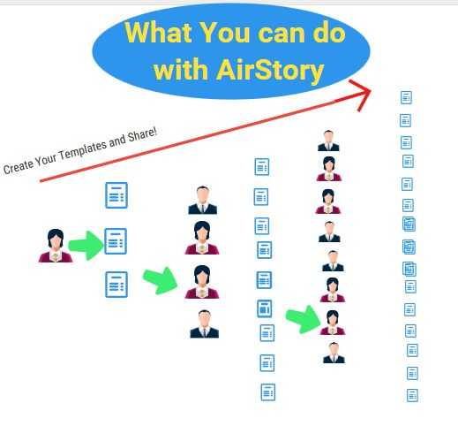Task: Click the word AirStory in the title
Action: [270, 70]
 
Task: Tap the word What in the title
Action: [159, 33]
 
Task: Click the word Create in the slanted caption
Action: [19, 167]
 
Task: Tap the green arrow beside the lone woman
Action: [86, 245]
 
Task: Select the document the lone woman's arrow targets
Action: [116, 241]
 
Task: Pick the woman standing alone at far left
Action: [56, 246]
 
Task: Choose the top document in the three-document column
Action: [116, 195]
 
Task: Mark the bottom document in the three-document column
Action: [116, 285]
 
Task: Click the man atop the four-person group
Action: [203, 200]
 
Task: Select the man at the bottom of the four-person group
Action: [205, 323]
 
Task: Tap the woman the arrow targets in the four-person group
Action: [202, 282]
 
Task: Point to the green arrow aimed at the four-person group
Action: [161, 280]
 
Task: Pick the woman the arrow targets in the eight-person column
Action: [333, 323]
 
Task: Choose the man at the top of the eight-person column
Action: [328, 141]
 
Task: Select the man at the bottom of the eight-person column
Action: [334, 353]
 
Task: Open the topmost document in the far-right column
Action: [406, 97]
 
